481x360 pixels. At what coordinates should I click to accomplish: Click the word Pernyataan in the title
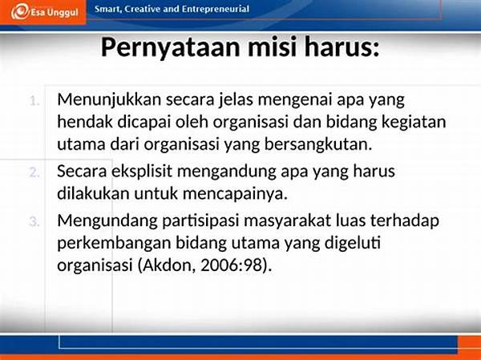170,47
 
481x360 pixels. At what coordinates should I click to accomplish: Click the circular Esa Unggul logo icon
20,12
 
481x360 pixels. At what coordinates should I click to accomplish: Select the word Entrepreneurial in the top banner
216,9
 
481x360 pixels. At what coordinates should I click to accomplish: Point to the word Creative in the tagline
143,9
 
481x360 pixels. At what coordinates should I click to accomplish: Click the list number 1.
34,101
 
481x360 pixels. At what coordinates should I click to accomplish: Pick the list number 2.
34,173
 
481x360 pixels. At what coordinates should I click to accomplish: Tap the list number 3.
34,221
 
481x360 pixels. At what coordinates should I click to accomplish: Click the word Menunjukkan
109,100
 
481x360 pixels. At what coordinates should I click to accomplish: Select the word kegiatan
414,123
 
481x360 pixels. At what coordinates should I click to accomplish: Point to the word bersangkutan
318,145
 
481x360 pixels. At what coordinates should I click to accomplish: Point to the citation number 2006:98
232,265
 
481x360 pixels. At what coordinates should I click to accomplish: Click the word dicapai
143,123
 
